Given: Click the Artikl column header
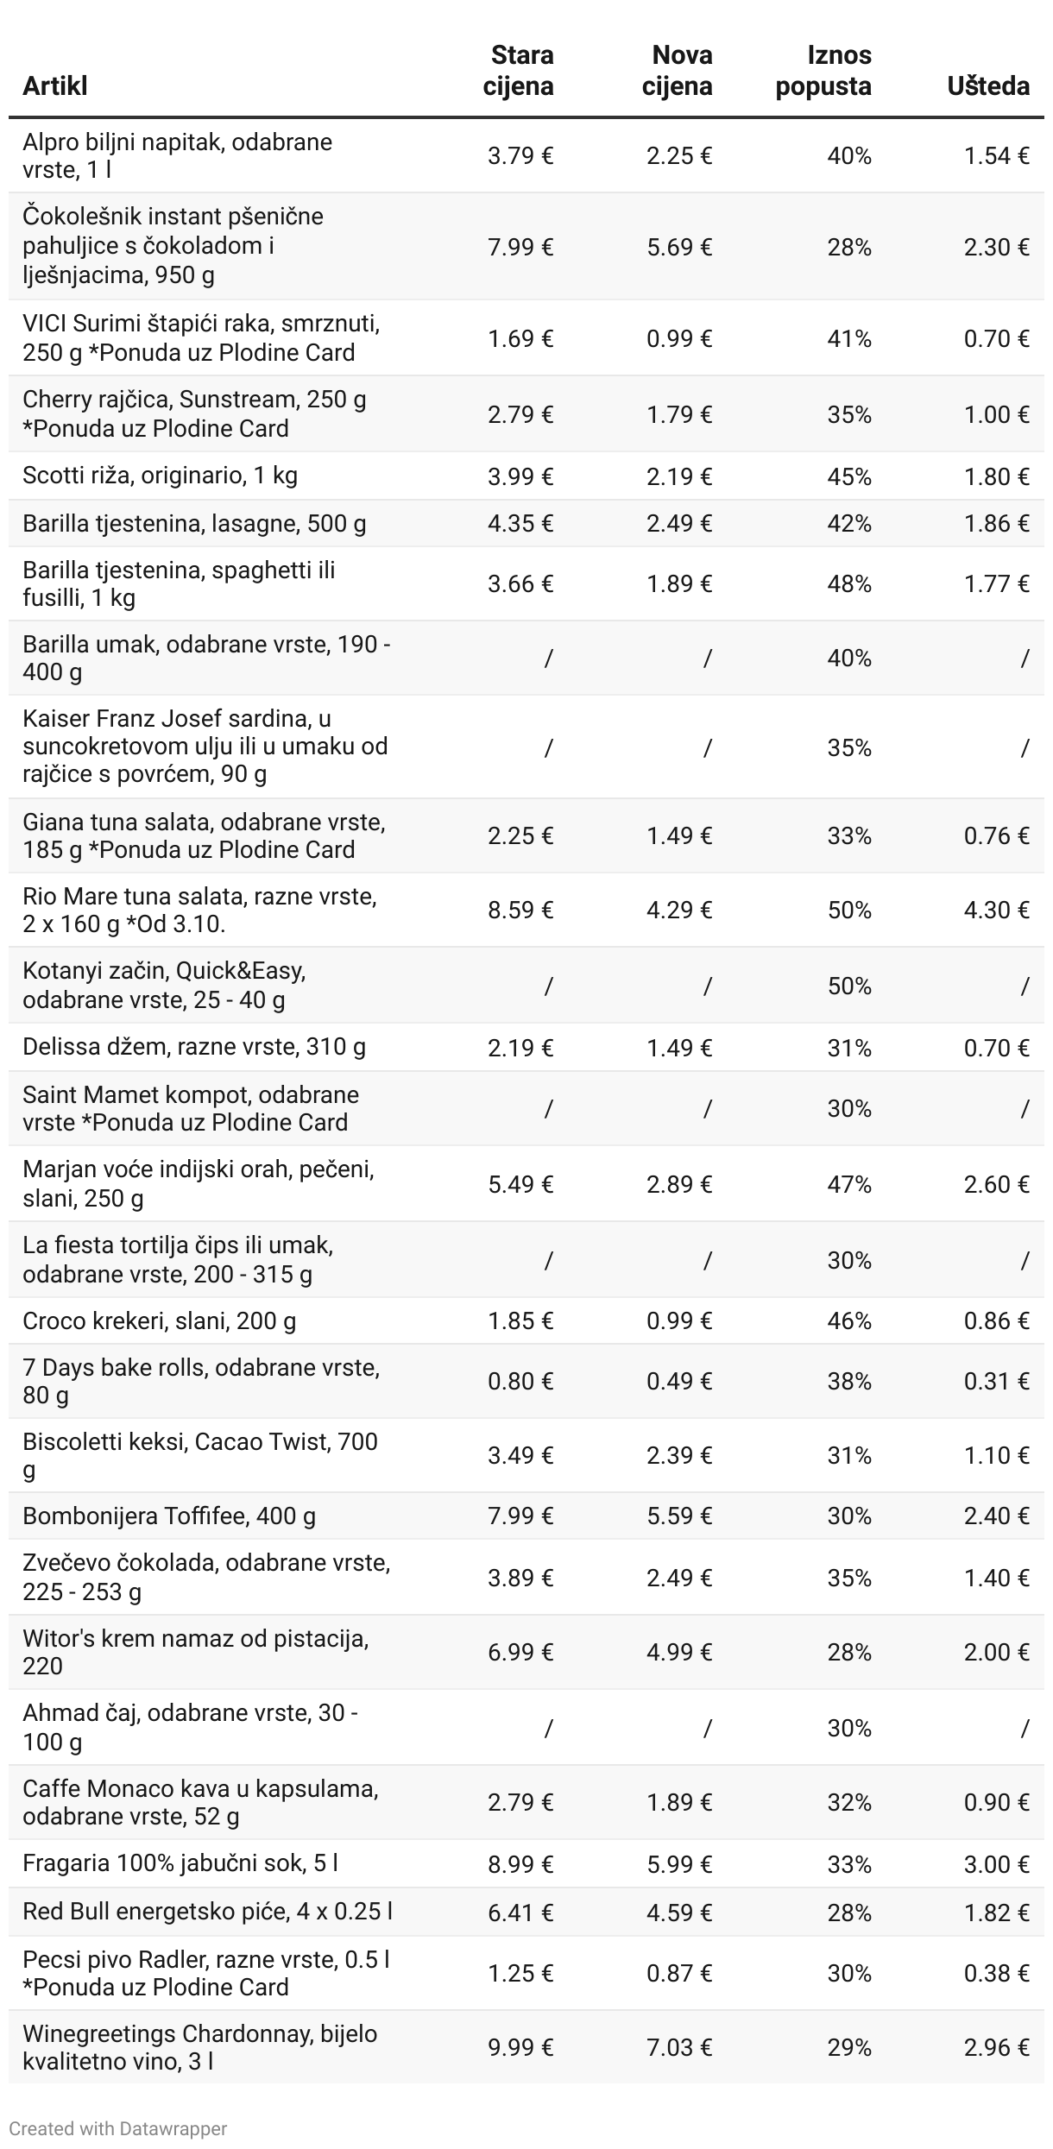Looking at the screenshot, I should (55, 86).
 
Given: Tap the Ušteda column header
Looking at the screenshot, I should (988, 86).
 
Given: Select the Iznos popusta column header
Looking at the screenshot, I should (823, 71).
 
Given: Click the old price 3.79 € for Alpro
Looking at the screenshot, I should (520, 155).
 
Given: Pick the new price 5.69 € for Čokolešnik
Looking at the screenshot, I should (679, 248).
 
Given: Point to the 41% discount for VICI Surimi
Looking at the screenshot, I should (849, 338).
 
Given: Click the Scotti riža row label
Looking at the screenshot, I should (160, 476).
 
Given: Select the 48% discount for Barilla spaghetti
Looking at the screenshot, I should (849, 584).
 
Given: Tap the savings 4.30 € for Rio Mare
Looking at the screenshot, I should (997, 911).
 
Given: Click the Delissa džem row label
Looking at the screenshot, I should (194, 1047).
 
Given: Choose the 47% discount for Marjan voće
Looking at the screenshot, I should (849, 1184).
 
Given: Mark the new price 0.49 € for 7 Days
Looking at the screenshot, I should (679, 1382).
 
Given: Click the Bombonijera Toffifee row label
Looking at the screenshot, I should (169, 1516).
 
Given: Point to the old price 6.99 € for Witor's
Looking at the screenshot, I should (520, 1653).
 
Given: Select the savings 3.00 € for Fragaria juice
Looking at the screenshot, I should (997, 1865).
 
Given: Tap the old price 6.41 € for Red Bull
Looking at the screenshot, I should (520, 1913).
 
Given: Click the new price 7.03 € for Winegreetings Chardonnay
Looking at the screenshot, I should (679, 2048).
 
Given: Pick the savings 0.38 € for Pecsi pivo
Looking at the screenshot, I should (997, 1974).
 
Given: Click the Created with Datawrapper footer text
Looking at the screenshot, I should (118, 2129).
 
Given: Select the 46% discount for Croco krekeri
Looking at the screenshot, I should (849, 1321).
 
